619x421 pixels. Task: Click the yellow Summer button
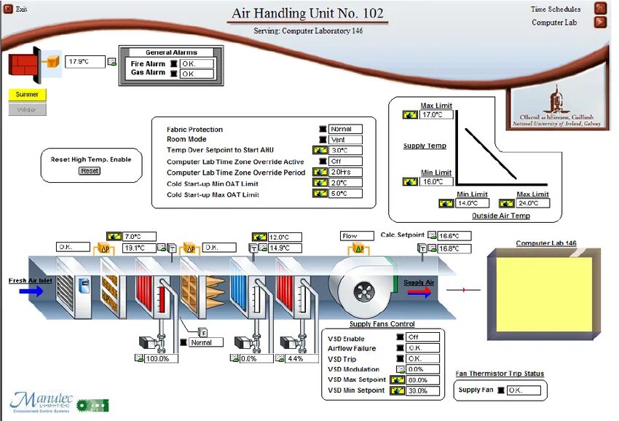click(27, 94)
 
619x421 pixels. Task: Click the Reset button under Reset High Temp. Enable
click(90, 170)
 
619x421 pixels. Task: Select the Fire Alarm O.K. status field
click(197, 64)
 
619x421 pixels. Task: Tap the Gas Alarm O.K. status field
click(197, 74)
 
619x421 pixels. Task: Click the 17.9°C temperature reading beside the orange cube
click(85, 62)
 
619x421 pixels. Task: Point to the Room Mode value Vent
click(345, 139)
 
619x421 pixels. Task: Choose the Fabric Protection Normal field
click(345, 129)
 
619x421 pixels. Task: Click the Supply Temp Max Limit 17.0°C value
click(436, 114)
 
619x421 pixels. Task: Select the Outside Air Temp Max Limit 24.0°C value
click(534, 203)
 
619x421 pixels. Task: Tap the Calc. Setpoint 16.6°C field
click(454, 236)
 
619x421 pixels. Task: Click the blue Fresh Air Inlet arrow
click(31, 291)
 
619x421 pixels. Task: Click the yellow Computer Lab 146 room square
click(544, 294)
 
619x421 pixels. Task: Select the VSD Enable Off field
click(422, 337)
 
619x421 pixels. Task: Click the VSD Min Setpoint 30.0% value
click(422, 390)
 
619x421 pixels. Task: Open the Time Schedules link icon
click(600, 9)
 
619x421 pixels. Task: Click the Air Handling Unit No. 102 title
click(307, 13)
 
